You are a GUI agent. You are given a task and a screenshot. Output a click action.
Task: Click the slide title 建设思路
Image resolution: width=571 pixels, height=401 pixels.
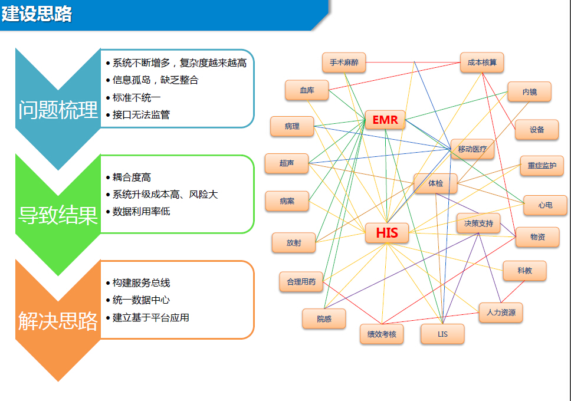coord(37,14)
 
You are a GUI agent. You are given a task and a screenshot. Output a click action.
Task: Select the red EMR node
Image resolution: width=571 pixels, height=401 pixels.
coord(385,121)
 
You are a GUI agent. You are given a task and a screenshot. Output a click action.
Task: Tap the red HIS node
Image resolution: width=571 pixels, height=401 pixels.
coord(386,233)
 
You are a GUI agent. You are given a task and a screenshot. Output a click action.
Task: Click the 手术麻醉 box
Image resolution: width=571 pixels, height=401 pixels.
coord(344,62)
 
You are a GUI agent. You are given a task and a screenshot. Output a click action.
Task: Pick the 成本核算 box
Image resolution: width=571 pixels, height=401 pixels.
coord(482,62)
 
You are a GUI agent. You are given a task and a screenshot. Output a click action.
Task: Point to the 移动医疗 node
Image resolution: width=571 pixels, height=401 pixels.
coord(472,149)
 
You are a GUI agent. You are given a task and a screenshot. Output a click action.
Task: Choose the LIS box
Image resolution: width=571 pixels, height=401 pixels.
coord(442,334)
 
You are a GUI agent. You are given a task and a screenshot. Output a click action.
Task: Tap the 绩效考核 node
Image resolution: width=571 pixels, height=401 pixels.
coord(382,334)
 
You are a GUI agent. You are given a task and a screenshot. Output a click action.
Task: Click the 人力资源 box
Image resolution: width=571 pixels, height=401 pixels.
coord(501,312)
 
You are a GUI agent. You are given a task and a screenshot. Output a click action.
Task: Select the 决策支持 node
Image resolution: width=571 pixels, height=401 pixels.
coord(478,223)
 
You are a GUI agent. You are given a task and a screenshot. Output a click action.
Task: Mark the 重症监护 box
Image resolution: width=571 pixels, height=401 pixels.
coord(542,166)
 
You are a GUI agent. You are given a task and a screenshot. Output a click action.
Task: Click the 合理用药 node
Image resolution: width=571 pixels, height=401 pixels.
coord(301,282)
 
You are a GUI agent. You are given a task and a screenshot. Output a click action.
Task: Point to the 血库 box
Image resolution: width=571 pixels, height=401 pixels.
coord(307,90)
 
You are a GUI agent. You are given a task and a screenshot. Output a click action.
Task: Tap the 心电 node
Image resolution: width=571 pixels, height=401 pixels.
coord(545,205)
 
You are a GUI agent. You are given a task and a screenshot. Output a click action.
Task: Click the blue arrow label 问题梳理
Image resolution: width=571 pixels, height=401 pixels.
coord(58,110)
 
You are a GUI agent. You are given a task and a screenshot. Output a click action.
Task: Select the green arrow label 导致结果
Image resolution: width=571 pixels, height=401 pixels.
coord(58,215)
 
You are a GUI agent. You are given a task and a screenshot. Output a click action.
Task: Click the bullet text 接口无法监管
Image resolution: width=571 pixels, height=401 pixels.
coord(141,114)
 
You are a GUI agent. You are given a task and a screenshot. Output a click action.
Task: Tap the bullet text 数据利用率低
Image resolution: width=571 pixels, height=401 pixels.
coord(141,211)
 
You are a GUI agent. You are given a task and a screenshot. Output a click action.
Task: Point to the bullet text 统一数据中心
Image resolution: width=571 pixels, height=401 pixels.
coord(141,300)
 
